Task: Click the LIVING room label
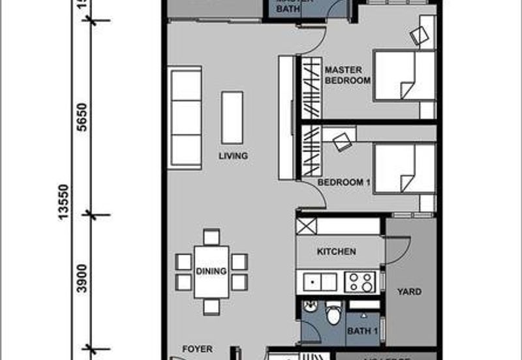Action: pyautogui.click(x=233, y=156)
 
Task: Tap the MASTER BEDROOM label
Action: pyautogui.click(x=347, y=74)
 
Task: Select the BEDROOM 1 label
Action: pyautogui.click(x=344, y=183)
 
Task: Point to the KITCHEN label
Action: pyautogui.click(x=336, y=252)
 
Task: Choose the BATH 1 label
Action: pyautogui.click(x=363, y=331)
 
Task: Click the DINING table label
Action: pyautogui.click(x=210, y=271)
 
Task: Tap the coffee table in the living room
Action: pyautogui.click(x=232, y=117)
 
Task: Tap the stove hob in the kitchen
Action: pyautogui.click(x=361, y=282)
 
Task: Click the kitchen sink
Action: pyautogui.click(x=320, y=282)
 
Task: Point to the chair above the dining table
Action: pyautogui.click(x=211, y=237)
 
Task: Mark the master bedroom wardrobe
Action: pyautogui.click(x=311, y=87)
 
